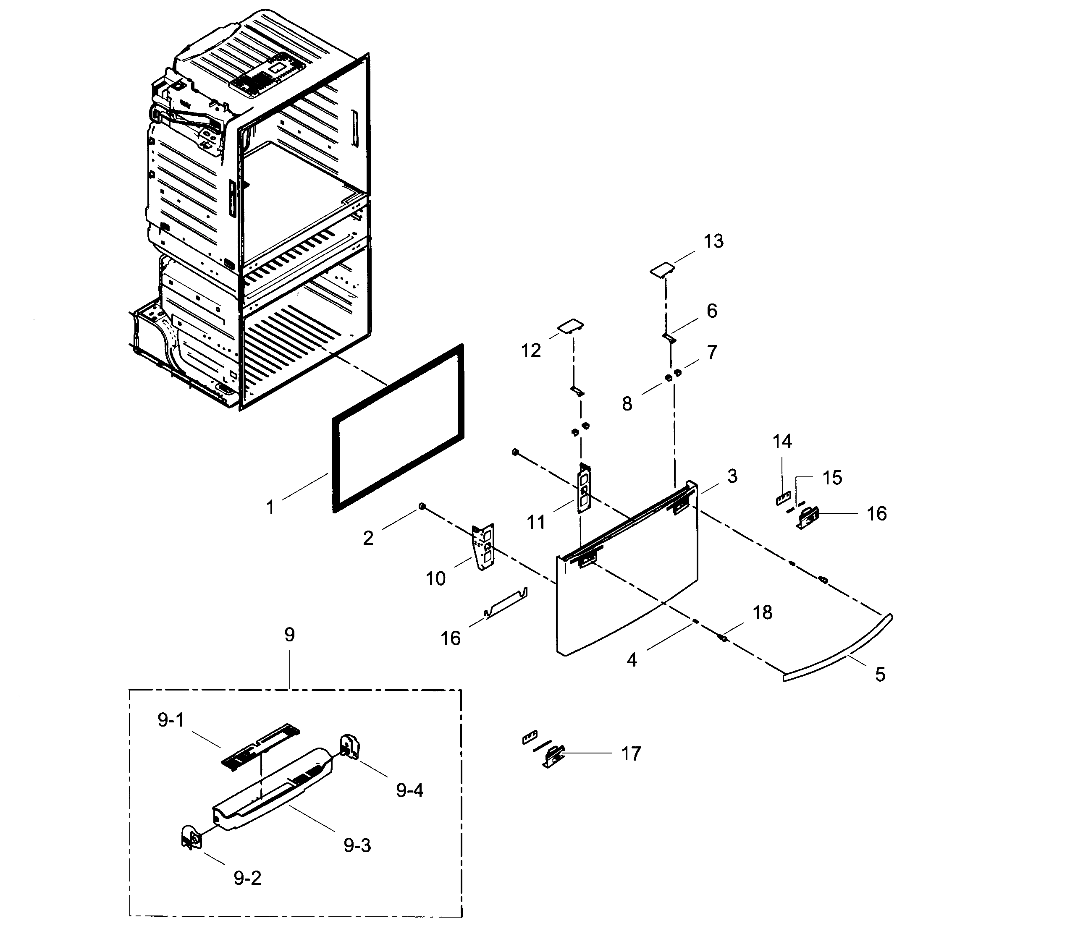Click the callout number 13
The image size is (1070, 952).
click(x=713, y=242)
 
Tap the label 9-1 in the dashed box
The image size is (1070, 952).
click(x=170, y=721)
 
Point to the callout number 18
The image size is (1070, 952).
click(x=763, y=612)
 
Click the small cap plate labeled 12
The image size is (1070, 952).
click(x=571, y=327)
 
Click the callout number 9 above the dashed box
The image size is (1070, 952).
click(x=289, y=635)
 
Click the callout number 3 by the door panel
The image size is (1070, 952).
click(x=732, y=476)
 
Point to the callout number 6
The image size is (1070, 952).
click(x=712, y=311)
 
